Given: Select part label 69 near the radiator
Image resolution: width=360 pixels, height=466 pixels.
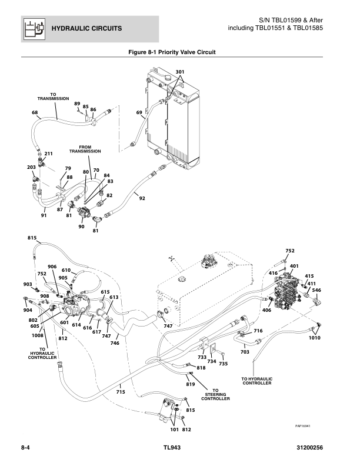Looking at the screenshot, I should pyautogui.click(x=139, y=112).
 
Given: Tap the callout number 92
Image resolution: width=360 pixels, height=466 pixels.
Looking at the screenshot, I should pyautogui.click(x=142, y=199).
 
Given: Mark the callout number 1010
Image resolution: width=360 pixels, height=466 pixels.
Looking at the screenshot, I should pyautogui.click(x=314, y=338).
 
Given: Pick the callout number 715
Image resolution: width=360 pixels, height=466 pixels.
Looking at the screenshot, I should pyautogui.click(x=121, y=391).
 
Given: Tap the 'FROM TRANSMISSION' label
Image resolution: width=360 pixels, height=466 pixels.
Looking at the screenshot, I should pyautogui.click(x=85, y=149).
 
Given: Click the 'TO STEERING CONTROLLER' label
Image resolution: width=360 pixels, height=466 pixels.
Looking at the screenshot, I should pyautogui.click(x=215, y=394).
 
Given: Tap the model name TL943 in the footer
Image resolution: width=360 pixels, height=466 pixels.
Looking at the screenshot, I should pyautogui.click(x=174, y=449).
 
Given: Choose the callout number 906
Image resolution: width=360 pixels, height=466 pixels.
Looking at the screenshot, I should pyautogui.click(x=52, y=267).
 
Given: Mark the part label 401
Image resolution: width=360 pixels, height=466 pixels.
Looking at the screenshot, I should pyautogui.click(x=294, y=266).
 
